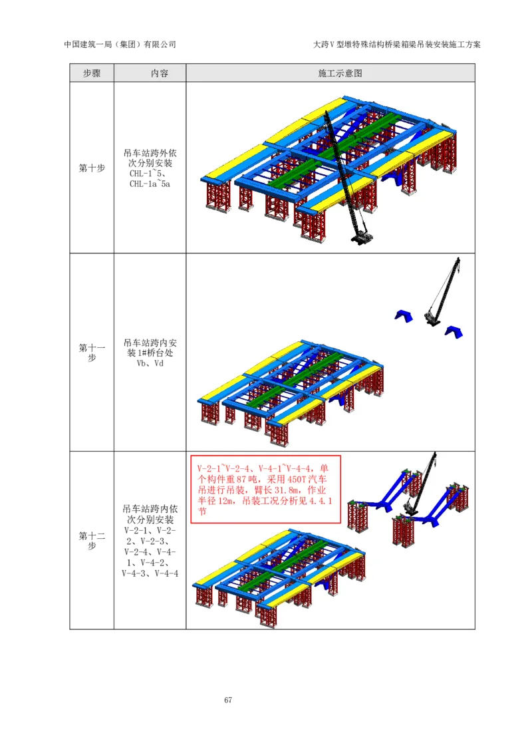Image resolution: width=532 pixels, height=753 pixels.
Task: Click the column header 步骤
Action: coord(92,73)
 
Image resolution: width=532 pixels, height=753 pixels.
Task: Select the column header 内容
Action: coord(160,73)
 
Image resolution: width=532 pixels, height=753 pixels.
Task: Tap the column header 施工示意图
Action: coord(340,73)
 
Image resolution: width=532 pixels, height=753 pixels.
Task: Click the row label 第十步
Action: coord(92,168)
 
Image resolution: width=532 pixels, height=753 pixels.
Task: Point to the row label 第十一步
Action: coord(92,353)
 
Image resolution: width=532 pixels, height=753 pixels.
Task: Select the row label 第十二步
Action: coord(92,541)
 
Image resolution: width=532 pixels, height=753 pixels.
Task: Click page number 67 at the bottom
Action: coord(228,700)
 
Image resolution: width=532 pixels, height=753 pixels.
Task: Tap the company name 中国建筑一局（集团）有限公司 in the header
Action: coord(120,45)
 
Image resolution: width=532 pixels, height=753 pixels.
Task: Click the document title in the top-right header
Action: coord(396,45)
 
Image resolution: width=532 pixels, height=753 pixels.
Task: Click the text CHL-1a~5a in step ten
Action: coord(150,184)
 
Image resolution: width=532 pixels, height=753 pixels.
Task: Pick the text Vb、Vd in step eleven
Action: coord(150,364)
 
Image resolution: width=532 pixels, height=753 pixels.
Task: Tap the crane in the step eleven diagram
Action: coord(442,293)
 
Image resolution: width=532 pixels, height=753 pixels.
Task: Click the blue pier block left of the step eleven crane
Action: coord(404,316)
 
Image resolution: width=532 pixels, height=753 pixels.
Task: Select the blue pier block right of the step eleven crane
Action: coord(454,332)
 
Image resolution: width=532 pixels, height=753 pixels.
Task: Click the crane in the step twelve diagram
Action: coord(420,485)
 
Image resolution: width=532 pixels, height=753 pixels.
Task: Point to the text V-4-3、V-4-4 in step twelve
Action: coord(150,573)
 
